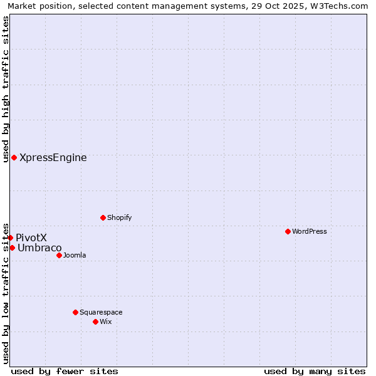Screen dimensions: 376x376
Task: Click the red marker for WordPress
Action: [288, 231]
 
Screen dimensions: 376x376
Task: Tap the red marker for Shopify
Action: [103, 217]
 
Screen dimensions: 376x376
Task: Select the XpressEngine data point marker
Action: [14, 157]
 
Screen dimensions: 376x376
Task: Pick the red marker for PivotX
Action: [11, 238]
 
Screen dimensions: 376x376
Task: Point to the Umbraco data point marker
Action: [12, 248]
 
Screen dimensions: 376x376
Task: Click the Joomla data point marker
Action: [59, 255]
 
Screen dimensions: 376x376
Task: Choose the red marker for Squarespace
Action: [75, 312]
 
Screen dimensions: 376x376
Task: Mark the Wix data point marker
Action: [95, 321]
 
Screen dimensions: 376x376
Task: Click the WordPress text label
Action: [309, 231]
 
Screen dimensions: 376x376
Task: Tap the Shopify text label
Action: [119, 217]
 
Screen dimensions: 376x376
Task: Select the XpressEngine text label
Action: [53, 158]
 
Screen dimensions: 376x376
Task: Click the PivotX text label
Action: [31, 238]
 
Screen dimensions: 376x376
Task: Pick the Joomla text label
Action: [75, 255]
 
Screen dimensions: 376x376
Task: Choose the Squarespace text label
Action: [101, 312]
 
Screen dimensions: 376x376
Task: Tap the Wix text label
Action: [105, 321]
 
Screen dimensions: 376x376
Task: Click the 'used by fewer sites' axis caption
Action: [65, 371]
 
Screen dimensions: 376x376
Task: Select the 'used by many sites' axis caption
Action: [315, 371]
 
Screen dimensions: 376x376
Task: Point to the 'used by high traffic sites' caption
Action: [6, 89]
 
